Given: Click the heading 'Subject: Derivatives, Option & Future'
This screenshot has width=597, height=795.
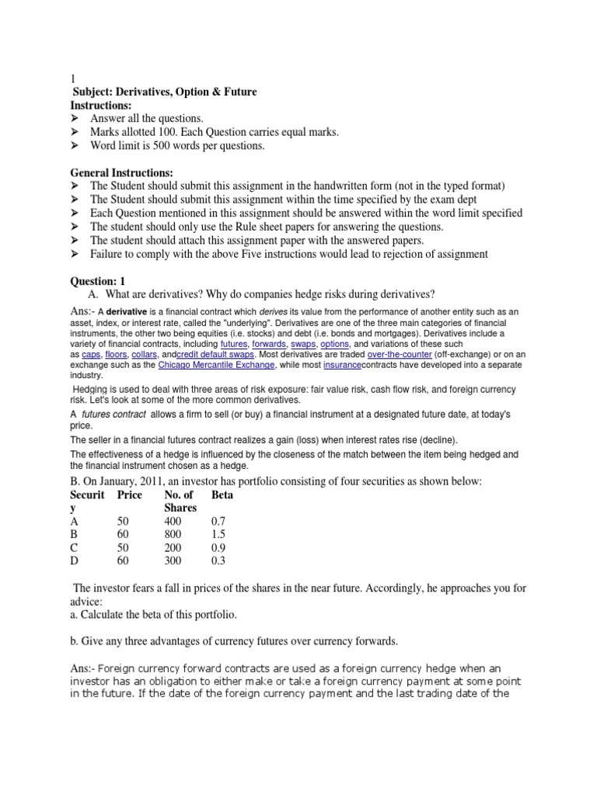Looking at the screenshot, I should (x=164, y=92).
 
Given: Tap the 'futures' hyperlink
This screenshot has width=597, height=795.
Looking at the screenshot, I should (x=233, y=343).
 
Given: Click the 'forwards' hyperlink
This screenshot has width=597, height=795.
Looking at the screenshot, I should (x=270, y=343).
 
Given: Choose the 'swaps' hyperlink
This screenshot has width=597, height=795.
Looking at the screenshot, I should (x=304, y=343).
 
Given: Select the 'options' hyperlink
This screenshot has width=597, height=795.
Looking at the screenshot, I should (x=335, y=343).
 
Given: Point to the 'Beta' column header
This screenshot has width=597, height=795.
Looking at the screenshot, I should (x=222, y=494).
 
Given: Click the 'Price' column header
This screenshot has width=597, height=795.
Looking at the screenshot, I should (x=131, y=494).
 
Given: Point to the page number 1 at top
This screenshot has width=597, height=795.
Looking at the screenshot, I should (x=73, y=78).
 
